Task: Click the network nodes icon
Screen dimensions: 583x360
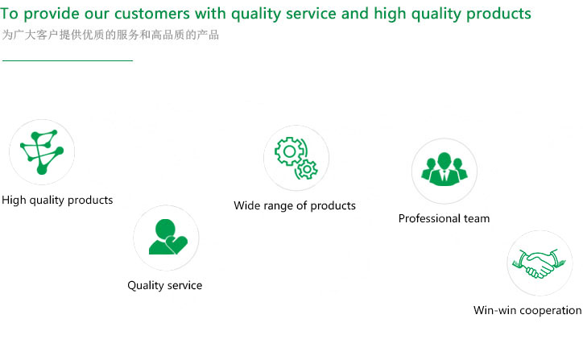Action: click(42, 151)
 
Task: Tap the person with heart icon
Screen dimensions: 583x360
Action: click(167, 237)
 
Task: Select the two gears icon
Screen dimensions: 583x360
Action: click(296, 158)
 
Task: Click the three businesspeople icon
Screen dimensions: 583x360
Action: click(444, 169)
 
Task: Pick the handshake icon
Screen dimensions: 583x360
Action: click(540, 263)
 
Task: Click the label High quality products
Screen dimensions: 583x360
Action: click(57, 200)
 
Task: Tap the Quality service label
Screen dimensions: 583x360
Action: click(165, 285)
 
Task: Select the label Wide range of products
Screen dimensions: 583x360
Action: click(295, 205)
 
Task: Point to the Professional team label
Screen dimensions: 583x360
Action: click(444, 218)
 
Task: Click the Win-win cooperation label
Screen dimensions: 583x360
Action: click(527, 310)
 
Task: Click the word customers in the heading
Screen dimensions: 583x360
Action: click(151, 14)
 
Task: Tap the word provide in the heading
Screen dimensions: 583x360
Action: click(52, 14)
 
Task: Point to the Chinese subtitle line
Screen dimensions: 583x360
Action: click(110, 35)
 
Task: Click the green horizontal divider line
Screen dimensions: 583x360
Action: click(68, 60)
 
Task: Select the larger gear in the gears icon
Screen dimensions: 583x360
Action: click(289, 151)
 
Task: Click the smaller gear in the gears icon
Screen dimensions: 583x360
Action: click(307, 170)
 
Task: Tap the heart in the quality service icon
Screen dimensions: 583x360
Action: click(176, 244)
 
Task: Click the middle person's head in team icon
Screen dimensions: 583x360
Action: click(444, 160)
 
